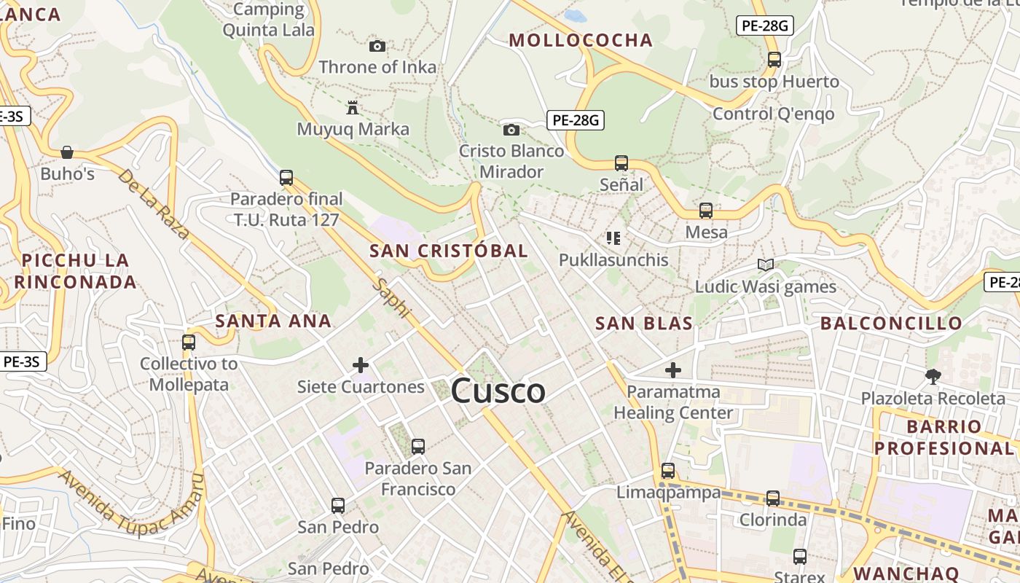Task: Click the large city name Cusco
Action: click(x=498, y=391)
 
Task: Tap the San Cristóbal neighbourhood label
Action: click(x=448, y=251)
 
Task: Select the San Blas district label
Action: click(x=644, y=324)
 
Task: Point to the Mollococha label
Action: click(x=581, y=40)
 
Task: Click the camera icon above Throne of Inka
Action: click(x=377, y=47)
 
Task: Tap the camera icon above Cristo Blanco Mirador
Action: click(x=511, y=130)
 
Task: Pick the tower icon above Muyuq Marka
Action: click(x=353, y=109)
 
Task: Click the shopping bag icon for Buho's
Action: click(x=67, y=152)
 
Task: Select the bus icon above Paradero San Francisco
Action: click(x=418, y=447)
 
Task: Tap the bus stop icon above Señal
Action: click(x=621, y=163)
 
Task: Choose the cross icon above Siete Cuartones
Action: click(x=361, y=365)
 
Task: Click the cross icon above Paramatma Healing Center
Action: click(x=673, y=370)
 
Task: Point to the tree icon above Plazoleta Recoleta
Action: click(x=933, y=377)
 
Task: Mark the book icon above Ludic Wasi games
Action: click(x=765, y=265)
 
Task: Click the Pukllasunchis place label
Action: click(x=613, y=259)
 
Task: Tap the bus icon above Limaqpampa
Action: click(x=668, y=471)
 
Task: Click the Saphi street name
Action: click(x=392, y=298)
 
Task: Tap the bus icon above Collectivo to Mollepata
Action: click(x=189, y=342)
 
